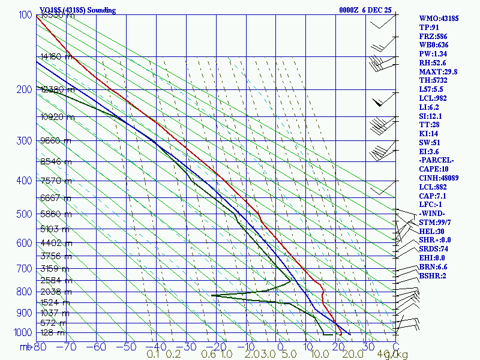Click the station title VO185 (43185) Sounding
pos(78,10)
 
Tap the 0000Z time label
pos(350,10)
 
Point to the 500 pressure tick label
pos(23,214)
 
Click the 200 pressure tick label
pos(23,89)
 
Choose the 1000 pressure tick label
pos(21,332)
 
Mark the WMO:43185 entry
pos(439,19)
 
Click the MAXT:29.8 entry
pos(438,71)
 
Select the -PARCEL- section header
pos(437,160)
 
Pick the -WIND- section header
pos(432,213)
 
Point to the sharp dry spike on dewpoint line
pos(212,295)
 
